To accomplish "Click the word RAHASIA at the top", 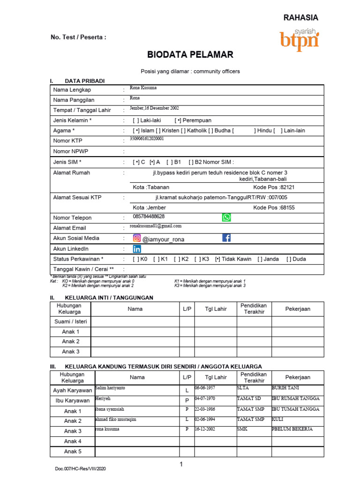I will point(300,18).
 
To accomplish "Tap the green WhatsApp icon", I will point(226,217).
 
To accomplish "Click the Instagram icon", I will point(137,238).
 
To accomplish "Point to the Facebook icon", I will point(226,238).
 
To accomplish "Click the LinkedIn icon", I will point(137,249).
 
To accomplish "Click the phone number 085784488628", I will point(149,217).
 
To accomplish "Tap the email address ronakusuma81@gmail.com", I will point(156,226).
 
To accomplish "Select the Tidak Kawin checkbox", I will point(218,259).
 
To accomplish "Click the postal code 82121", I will point(287,187).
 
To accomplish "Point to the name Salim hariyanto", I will point(110,388).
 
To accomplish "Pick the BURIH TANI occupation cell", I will point(285,388).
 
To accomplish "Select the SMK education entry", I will point(243,429).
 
